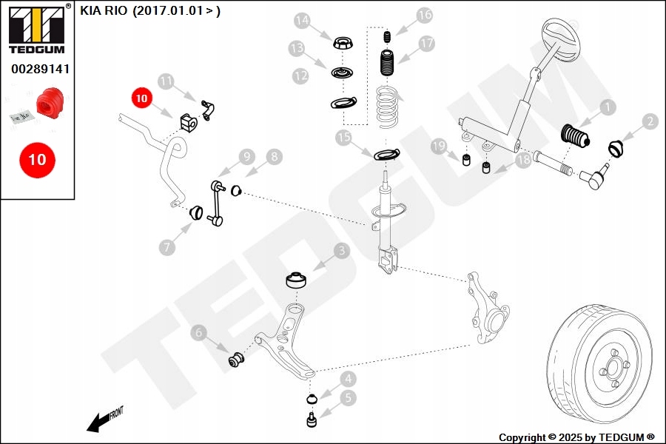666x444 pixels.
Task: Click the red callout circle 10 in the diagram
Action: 141,97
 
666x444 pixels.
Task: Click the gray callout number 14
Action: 301,20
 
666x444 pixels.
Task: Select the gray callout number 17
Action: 426,44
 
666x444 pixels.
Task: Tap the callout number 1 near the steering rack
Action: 607,108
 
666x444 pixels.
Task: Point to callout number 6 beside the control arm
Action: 198,334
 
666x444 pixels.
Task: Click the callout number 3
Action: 341,252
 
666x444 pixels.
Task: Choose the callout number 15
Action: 343,137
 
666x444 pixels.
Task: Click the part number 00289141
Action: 40,69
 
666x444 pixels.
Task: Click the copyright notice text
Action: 577,437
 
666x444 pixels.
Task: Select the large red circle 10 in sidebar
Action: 36,159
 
